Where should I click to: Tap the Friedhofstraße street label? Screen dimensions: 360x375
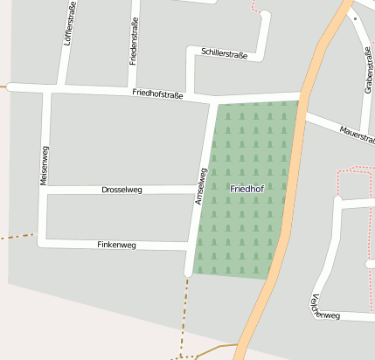157,93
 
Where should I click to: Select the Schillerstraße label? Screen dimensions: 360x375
224,54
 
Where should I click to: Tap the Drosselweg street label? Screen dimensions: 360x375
122,189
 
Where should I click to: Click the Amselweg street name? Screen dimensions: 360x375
201,187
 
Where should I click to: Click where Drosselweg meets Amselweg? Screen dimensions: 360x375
197,190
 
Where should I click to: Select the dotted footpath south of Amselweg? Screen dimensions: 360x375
186,315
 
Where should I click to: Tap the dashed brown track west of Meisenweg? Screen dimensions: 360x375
16,236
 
